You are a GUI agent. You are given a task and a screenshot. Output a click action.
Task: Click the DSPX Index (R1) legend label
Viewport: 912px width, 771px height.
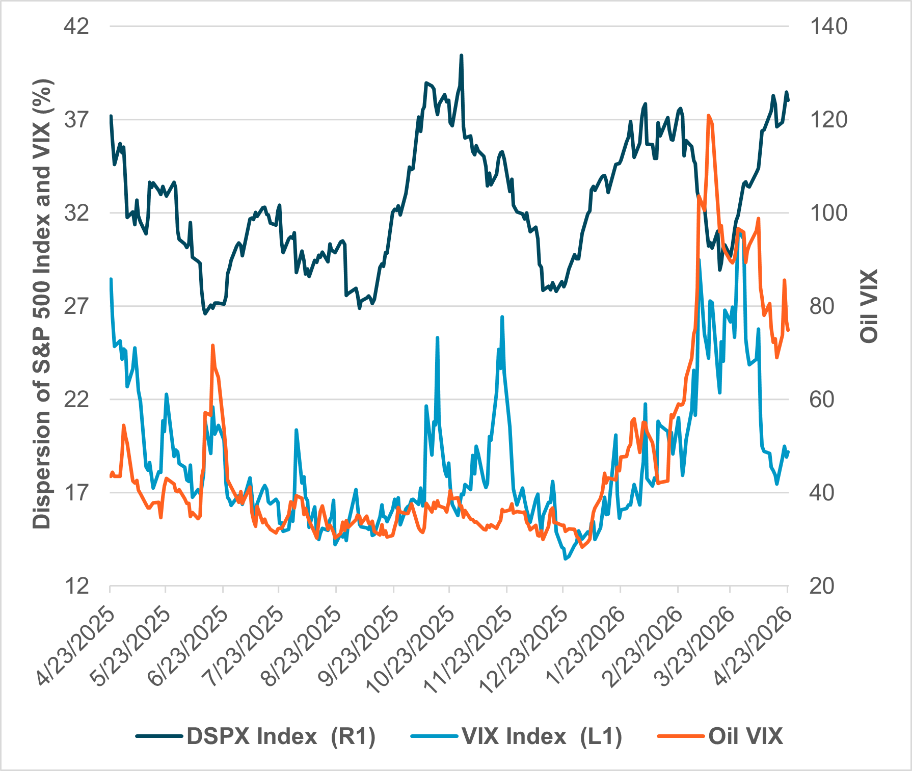click(281, 736)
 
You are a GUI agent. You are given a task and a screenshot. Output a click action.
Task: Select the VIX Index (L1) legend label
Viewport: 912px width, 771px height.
click(542, 736)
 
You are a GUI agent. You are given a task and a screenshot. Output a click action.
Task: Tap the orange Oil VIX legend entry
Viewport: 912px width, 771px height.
click(745, 736)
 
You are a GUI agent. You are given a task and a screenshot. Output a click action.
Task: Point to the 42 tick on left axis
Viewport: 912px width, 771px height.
click(76, 26)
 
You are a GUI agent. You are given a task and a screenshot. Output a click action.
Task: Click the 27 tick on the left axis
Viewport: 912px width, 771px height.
click(76, 306)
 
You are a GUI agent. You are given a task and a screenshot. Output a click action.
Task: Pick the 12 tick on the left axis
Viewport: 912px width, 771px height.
click(76, 586)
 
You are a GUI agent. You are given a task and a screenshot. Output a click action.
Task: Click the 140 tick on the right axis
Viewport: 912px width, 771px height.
click(828, 26)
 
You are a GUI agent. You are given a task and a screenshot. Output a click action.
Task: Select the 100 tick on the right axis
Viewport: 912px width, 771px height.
click(828, 213)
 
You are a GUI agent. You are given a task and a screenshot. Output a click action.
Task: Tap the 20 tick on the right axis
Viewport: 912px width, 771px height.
click(821, 586)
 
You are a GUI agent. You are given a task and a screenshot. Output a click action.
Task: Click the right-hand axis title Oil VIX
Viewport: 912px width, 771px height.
click(869, 306)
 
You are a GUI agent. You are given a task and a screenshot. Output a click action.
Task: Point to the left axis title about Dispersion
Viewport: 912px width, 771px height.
click(43, 304)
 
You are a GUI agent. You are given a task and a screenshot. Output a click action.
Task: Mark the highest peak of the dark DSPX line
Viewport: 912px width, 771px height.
click(461, 56)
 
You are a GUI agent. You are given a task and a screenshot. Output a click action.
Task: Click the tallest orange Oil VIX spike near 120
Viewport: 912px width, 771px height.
click(709, 116)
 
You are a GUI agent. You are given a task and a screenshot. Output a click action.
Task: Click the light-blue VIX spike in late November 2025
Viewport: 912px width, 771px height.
click(502, 317)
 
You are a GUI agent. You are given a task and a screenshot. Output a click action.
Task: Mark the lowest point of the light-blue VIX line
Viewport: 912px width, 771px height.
click(566, 559)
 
